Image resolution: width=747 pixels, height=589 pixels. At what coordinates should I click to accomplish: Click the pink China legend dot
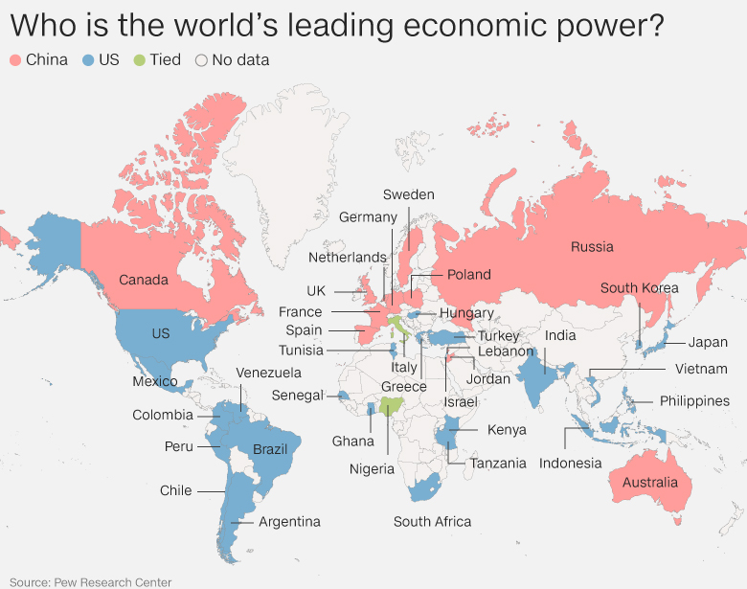[x=15, y=60]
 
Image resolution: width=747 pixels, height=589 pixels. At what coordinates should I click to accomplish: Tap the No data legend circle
[x=201, y=60]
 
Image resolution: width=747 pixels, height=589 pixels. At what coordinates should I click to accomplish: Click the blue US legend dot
[x=87, y=60]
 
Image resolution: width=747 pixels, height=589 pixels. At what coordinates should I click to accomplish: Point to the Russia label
[x=592, y=247]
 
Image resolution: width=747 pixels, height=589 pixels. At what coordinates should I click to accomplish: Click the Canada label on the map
[x=144, y=281]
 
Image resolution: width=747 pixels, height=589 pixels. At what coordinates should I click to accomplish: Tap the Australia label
[x=649, y=482]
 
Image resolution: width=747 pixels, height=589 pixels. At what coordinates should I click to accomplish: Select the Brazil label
[x=270, y=450]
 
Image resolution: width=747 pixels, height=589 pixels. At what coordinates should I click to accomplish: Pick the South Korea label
[x=639, y=288]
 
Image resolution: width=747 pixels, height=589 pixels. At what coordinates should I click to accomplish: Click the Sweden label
[x=408, y=194]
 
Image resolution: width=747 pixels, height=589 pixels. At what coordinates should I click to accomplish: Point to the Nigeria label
[x=372, y=469]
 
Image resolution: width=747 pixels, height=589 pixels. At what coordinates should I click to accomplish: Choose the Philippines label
[x=693, y=401]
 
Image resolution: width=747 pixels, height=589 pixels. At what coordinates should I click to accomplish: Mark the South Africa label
[x=432, y=522]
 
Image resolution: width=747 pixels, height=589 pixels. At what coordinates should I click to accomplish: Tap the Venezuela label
[x=268, y=373]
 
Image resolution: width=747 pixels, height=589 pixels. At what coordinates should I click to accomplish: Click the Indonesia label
[x=570, y=464]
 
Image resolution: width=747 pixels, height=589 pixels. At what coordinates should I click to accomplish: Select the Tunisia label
[x=302, y=351]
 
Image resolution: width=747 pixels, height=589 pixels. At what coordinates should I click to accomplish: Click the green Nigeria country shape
[x=390, y=408]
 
